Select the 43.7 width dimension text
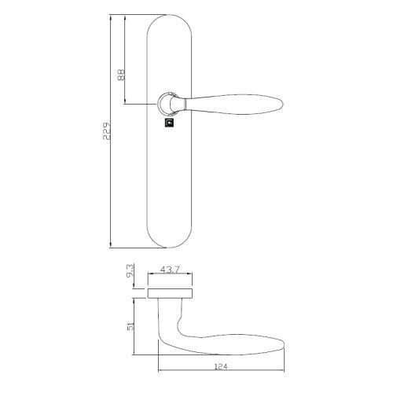pyautogui.click(x=171, y=270)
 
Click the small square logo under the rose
pyautogui.click(x=168, y=122)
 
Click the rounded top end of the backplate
pyautogui.click(x=168, y=20)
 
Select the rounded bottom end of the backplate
pyautogui.click(x=168, y=240)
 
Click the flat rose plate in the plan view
pyautogui.click(x=170, y=294)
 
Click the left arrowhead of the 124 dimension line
pyautogui.click(x=159, y=371)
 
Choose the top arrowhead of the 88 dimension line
pyautogui.click(x=126, y=16)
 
